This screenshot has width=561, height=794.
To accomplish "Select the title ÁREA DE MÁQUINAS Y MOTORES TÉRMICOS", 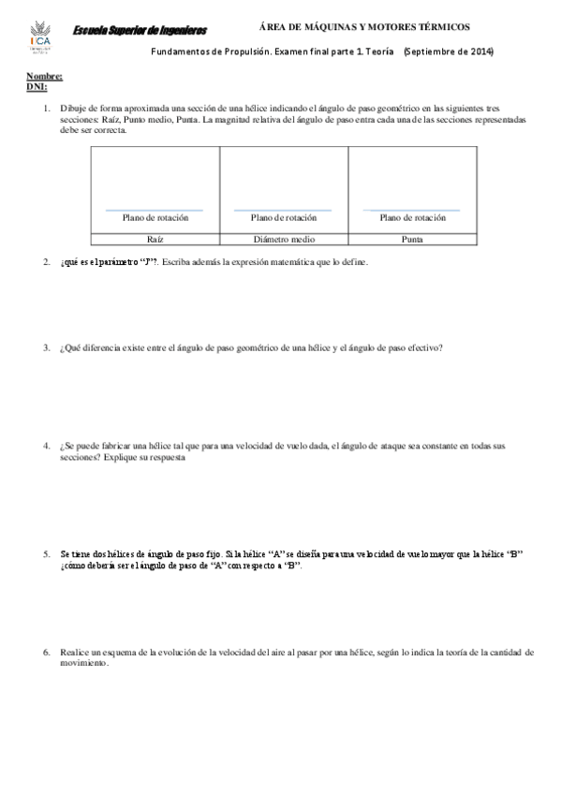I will click(363, 28).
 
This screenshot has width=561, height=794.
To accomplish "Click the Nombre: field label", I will click(44, 76).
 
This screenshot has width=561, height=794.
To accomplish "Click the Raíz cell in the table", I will click(155, 239).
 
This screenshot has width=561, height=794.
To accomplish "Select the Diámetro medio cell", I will click(284, 239).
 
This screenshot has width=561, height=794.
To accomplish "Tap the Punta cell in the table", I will click(412, 239).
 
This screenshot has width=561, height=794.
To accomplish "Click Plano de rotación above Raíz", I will click(155, 217).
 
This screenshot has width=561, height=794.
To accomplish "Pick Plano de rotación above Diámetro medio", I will click(284, 217).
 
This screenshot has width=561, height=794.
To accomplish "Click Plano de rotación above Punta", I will click(412, 217).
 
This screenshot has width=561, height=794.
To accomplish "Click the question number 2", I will click(46, 262).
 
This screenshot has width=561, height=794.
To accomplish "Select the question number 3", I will click(46, 347).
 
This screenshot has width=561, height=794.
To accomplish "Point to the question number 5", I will click(46, 554).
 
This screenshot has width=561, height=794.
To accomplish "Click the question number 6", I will click(46, 651).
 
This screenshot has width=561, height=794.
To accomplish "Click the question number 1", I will click(46, 109).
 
